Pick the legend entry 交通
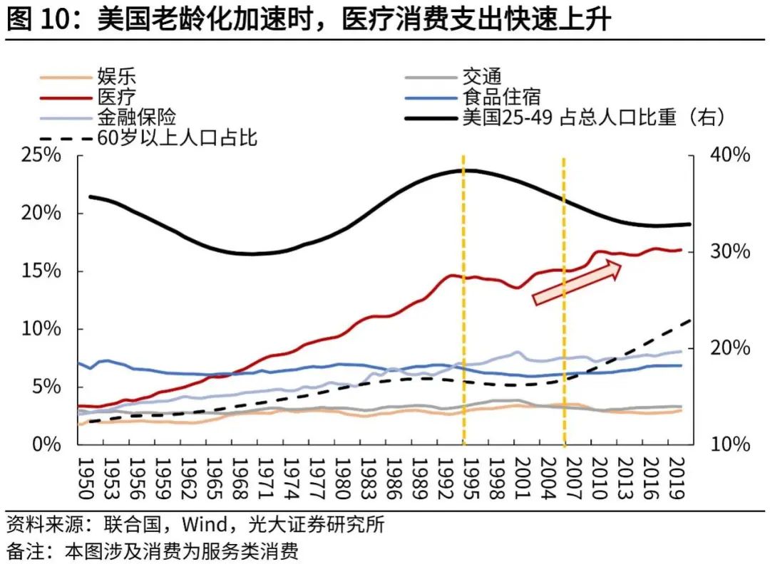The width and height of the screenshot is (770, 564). tap(482, 76)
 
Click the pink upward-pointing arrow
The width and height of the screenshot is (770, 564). tap(577, 283)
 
